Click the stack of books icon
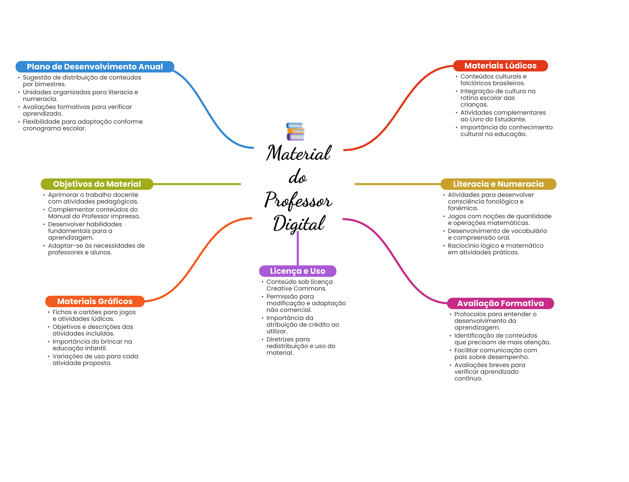pos(295,131)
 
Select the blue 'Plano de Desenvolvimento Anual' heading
pos(95,67)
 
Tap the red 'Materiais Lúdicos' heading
pos(500,66)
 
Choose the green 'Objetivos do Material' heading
pos(97,184)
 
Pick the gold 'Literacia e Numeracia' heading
pos(498,184)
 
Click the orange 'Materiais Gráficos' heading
pos(95,301)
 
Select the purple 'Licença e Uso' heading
pos(298,271)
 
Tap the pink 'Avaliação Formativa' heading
pos(500,304)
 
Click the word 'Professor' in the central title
pos(298,200)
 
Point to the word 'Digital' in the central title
pos(299,224)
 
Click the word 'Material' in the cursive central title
pos(299,153)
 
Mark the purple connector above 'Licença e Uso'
pos(298,248)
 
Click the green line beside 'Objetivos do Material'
pos(197,184)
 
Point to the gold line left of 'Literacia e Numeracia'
pos(398,184)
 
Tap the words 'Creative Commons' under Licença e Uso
pos(296,288)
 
